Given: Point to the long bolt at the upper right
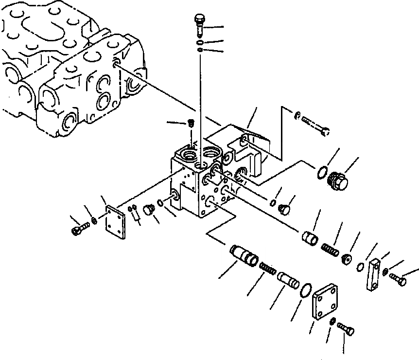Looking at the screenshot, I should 315,123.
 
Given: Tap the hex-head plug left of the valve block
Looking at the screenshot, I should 149,210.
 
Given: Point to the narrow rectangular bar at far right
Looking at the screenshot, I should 374,275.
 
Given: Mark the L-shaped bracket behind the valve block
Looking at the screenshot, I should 248,148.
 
